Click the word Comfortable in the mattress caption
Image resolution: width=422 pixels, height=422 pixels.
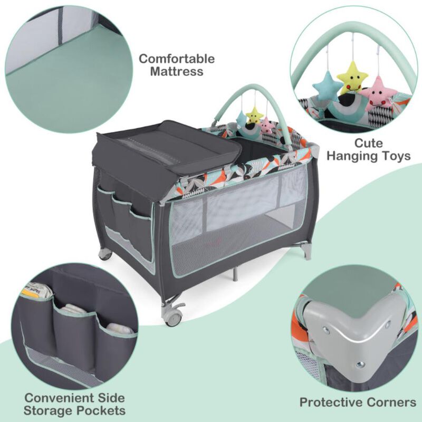(177, 59)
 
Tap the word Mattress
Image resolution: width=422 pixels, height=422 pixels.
(177, 72)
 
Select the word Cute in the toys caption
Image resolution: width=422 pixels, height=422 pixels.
(368, 143)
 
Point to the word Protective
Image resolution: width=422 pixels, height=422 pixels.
(331, 402)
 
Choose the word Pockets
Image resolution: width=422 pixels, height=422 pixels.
(101, 411)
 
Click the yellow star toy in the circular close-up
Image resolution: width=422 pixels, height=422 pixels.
(352, 77)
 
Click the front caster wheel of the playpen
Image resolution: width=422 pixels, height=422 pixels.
(174, 316)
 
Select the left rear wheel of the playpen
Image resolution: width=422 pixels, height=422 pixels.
(105, 254)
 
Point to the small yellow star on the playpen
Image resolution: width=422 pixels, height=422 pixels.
(254, 114)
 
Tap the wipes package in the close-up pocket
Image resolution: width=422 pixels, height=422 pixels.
(39, 291)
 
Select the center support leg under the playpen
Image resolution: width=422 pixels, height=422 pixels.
(236, 273)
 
